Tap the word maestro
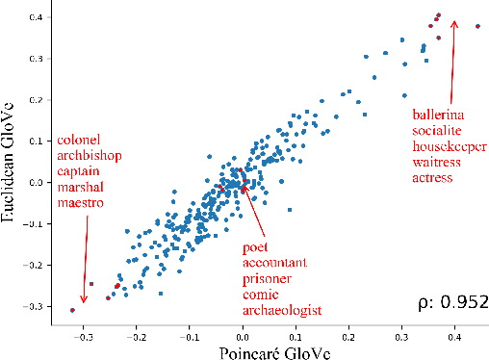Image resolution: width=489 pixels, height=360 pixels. [81, 204]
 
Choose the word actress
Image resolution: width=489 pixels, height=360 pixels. [432, 176]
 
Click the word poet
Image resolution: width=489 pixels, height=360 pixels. [256, 247]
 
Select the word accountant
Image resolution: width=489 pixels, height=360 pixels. [274, 263]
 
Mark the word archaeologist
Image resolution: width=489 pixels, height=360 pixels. [281, 309]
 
